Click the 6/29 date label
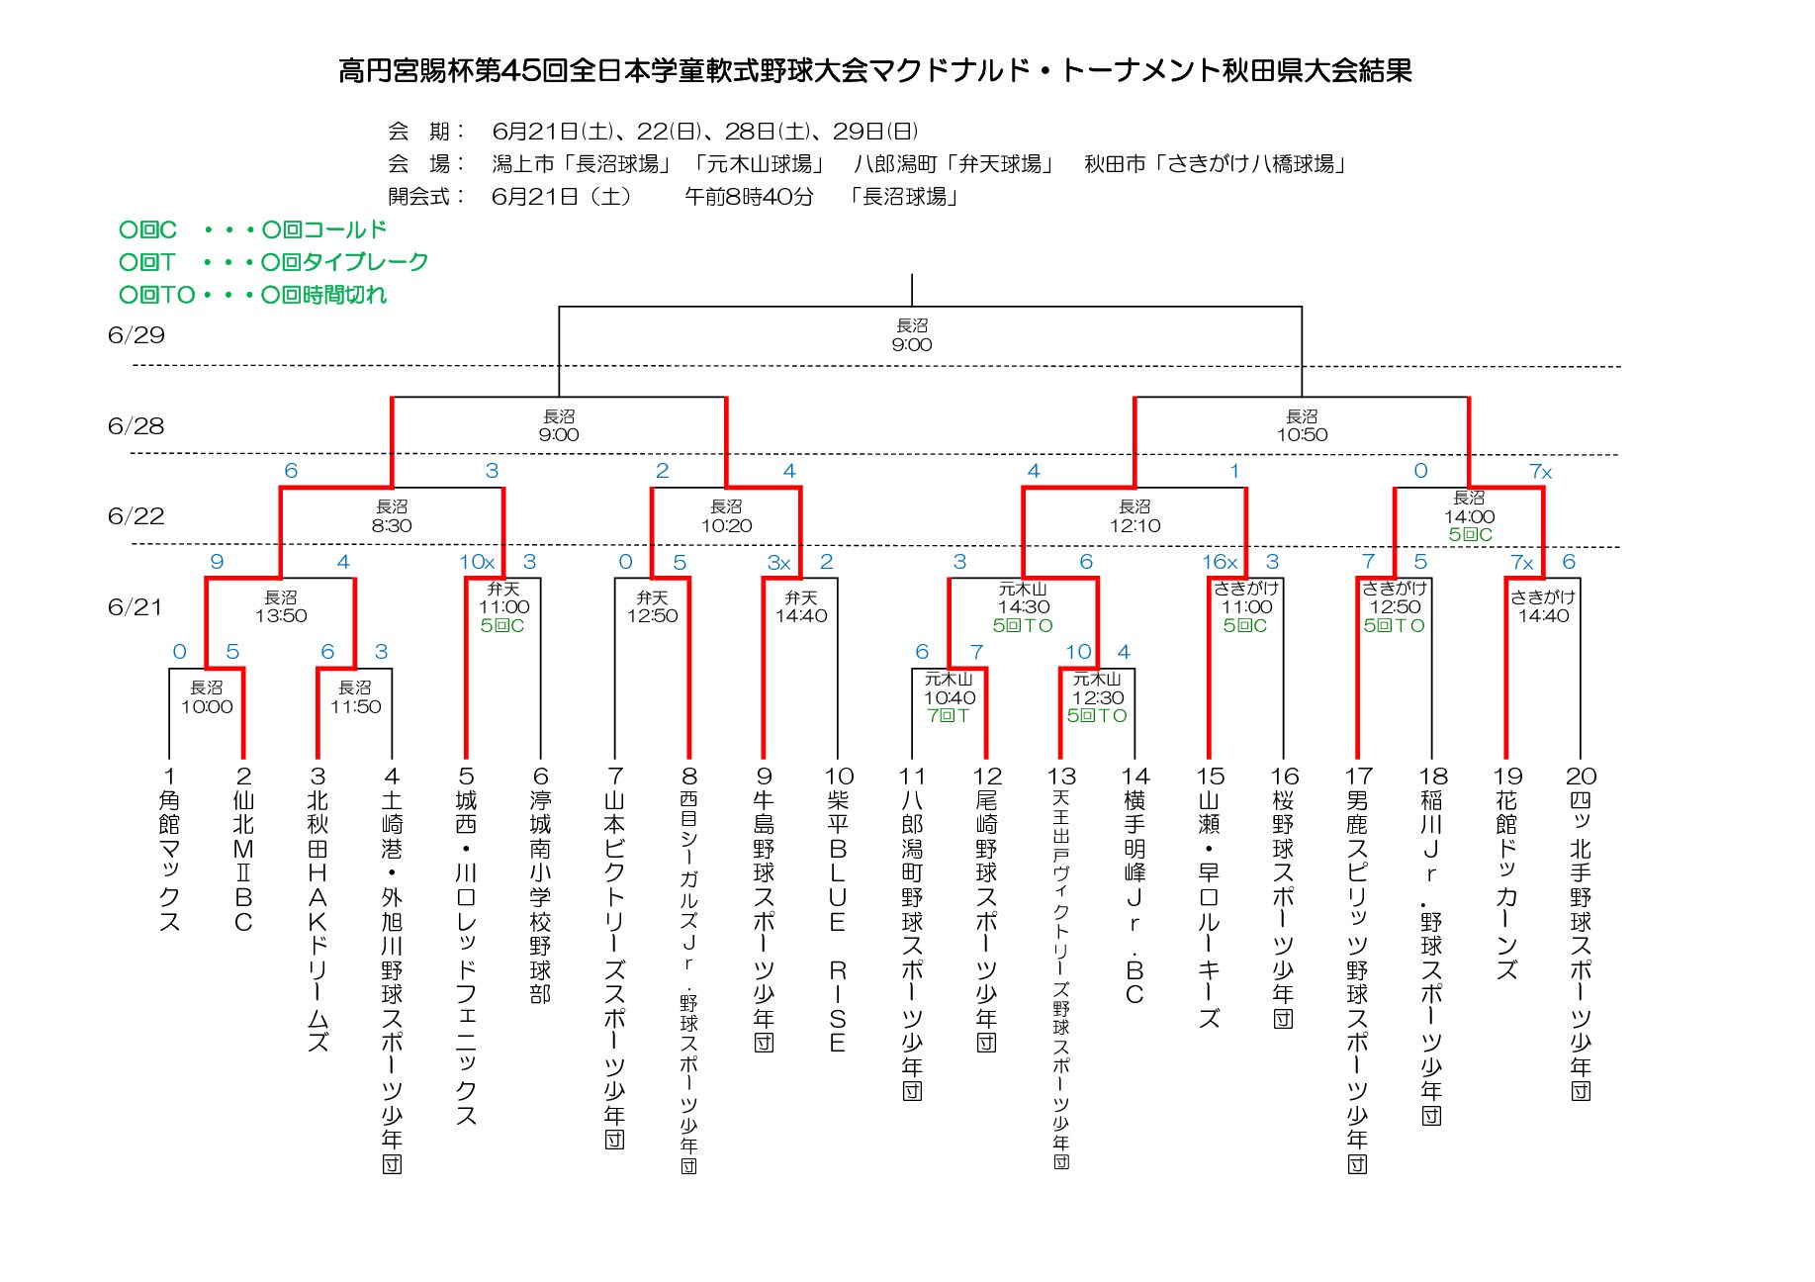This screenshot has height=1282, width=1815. (x=136, y=335)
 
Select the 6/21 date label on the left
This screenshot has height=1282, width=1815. (x=135, y=607)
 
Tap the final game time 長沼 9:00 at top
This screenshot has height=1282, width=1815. (x=911, y=335)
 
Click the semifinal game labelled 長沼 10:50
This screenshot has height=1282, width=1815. (x=1302, y=425)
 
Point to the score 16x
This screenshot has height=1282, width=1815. (x=1220, y=562)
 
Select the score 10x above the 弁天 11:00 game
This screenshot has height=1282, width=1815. (x=477, y=562)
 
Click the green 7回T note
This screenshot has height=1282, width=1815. (x=949, y=715)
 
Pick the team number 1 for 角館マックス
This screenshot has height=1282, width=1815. (x=169, y=777)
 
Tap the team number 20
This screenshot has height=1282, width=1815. (x=1581, y=777)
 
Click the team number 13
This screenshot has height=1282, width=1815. (x=1061, y=777)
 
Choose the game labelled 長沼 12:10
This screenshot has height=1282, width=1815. (x=1134, y=516)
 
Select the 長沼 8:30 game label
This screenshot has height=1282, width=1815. (x=392, y=516)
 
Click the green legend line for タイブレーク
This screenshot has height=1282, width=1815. (x=273, y=262)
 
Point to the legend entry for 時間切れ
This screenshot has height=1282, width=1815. (x=252, y=295)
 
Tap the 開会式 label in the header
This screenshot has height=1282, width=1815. (x=425, y=196)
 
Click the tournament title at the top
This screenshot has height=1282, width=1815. (x=875, y=70)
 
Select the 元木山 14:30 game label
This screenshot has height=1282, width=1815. (x=1023, y=597)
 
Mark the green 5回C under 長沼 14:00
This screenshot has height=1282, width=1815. (x=1470, y=535)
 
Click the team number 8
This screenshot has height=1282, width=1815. (x=689, y=777)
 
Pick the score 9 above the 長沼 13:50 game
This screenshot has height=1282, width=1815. (x=217, y=562)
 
